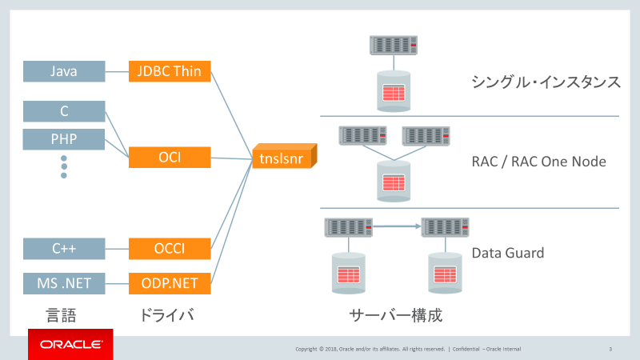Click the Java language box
pyautogui.click(x=64, y=71)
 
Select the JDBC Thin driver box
pyautogui.click(x=170, y=71)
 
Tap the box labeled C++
pyautogui.click(x=64, y=249)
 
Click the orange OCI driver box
pyautogui.click(x=170, y=158)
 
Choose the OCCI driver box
pyautogui.click(x=170, y=249)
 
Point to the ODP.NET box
pyautogui.click(x=170, y=282)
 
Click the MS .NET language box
pyautogui.click(x=64, y=282)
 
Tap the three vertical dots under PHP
pyautogui.click(x=64, y=166)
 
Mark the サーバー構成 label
pyautogui.click(x=396, y=314)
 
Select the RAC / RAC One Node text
pyautogui.click(x=538, y=162)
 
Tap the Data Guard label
pyautogui.click(x=507, y=253)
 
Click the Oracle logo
pyautogui.click(x=70, y=345)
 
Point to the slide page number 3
pyautogui.click(x=610, y=349)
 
